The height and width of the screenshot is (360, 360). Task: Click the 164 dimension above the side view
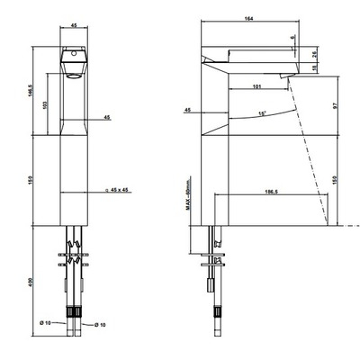pos(249,19)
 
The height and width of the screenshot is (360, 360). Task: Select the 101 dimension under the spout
pos(256,86)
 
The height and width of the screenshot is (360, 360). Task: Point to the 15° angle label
pos(263,113)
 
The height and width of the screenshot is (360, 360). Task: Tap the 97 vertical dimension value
pos(335,106)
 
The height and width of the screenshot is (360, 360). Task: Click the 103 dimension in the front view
pos(45,104)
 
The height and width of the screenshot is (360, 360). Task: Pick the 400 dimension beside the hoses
pos(30,282)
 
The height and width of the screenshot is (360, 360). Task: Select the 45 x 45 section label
pos(117,190)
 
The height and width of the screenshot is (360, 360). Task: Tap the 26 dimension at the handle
pos(314,55)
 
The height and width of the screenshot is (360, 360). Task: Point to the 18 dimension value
pos(314,68)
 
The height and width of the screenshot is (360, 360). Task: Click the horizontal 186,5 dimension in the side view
pos(271,192)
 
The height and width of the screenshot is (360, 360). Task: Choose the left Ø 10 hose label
pos(45,322)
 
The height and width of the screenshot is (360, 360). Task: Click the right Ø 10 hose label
pos(100,325)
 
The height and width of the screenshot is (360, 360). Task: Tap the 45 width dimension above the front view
pos(74,26)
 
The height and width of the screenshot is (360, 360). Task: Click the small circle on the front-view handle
pos(74,54)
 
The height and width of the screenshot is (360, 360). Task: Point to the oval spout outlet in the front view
pos(74,76)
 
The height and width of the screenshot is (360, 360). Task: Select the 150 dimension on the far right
pos(335,180)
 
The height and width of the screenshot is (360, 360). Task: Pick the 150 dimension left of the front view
pos(30,180)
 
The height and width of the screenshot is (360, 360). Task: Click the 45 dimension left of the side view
pos(187,110)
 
